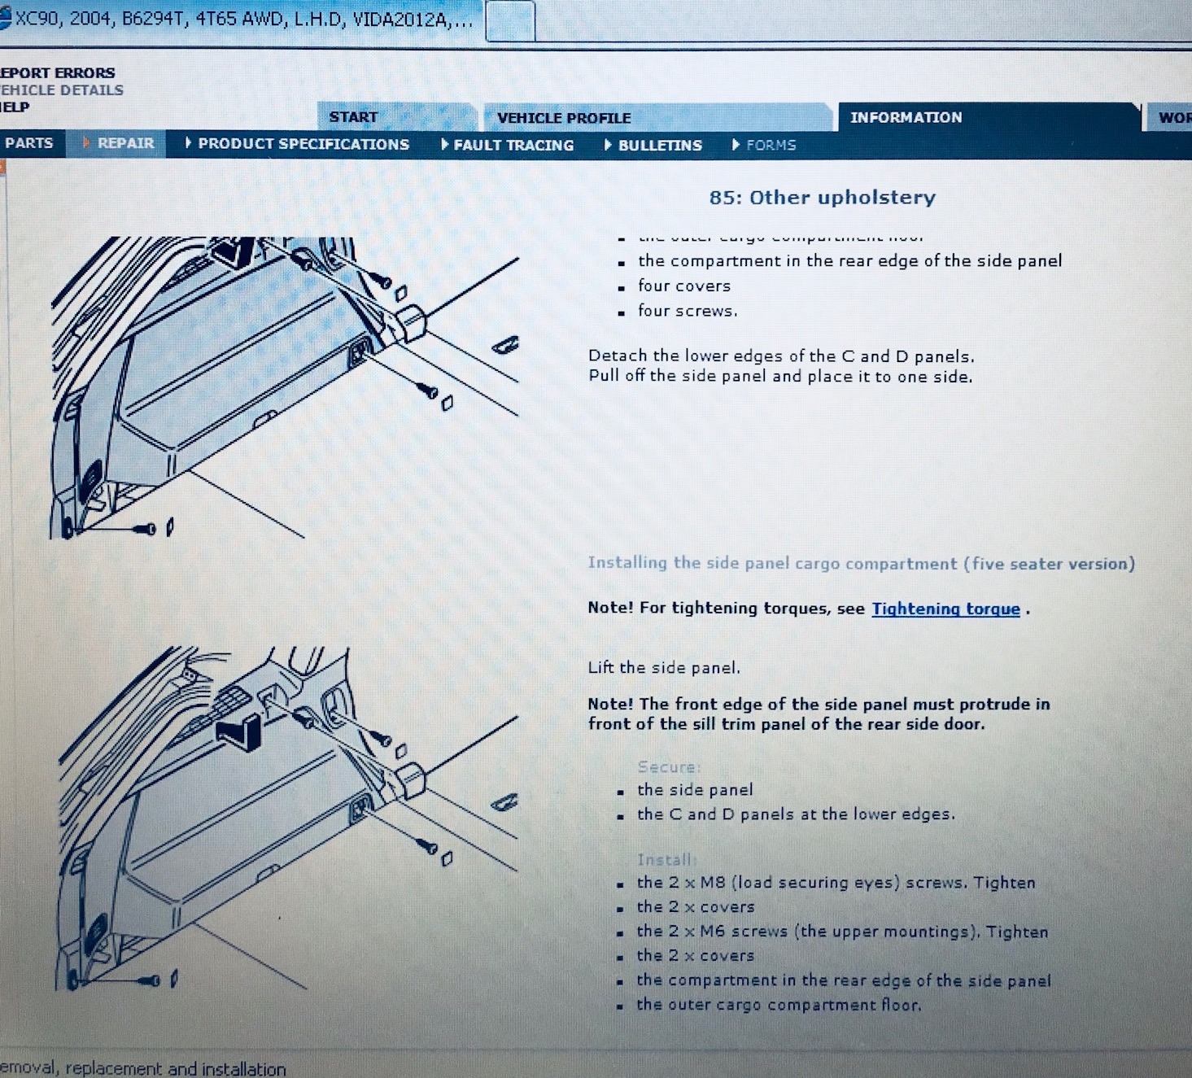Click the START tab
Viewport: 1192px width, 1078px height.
(353, 117)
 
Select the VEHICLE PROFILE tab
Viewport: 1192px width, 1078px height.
(564, 118)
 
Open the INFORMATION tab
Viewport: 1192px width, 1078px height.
(906, 117)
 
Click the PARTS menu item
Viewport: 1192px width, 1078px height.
(28, 143)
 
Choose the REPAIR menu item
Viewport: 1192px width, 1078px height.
(125, 143)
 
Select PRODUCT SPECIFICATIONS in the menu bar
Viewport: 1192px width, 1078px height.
(303, 144)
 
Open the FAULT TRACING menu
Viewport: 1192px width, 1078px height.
(513, 145)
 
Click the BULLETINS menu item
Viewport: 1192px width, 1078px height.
(659, 145)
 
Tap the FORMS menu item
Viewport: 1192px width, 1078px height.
(770, 145)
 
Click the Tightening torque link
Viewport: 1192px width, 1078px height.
(945, 609)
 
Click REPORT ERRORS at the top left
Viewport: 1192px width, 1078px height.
(57, 72)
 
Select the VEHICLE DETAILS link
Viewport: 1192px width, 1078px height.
(62, 90)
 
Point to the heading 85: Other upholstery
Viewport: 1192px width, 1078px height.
(822, 197)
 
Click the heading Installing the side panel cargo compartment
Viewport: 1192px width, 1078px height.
(861, 563)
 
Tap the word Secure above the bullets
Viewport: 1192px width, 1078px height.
(668, 766)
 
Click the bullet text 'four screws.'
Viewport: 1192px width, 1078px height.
(688, 311)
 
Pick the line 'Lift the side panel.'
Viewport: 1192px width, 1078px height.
(664, 668)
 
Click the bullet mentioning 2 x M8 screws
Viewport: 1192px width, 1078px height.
(836, 883)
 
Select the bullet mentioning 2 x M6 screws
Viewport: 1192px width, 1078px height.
(842, 932)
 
